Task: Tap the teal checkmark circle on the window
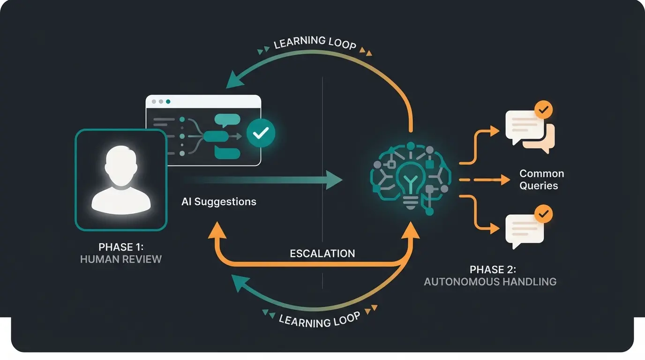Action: pos(261,133)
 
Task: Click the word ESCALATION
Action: pos(322,254)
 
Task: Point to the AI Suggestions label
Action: pos(219,202)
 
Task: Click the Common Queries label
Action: pos(541,180)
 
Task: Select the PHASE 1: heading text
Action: pos(121,247)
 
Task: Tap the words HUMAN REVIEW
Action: pos(121,259)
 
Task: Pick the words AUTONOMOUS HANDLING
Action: pos(490,282)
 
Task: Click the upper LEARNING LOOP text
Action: pos(315,43)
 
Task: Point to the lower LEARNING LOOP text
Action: pos(319,320)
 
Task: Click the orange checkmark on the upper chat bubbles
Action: pos(543,111)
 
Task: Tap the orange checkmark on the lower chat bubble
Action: pos(543,214)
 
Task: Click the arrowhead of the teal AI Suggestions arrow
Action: pos(334,180)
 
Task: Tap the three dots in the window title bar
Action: pos(161,101)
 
